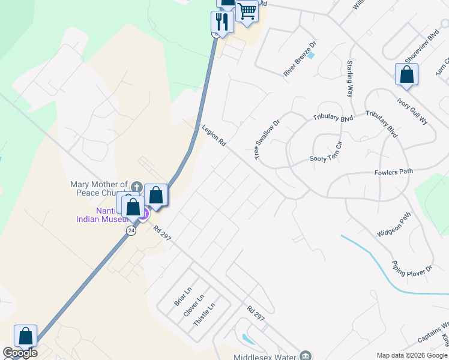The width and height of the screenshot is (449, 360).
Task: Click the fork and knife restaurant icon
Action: tap(222, 22)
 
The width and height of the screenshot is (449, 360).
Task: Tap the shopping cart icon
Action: tap(247, 11)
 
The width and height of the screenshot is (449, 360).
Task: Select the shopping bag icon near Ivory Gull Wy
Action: tap(406, 74)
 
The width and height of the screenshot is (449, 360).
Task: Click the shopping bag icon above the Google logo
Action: tap(26, 336)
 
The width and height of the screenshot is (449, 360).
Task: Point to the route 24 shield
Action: tap(131, 230)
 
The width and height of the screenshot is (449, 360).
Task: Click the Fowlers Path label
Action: tap(394, 172)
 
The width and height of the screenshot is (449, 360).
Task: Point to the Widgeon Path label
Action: tap(393, 224)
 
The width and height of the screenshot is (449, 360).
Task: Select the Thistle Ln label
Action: tap(204, 314)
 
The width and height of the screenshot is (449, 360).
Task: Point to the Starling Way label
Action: tap(349, 79)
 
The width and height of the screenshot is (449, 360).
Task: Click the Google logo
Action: tap(20, 353)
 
